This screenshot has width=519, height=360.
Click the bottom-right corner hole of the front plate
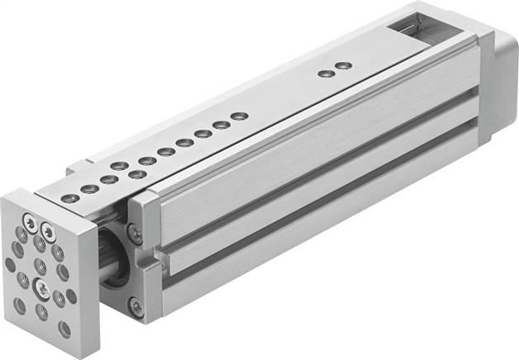pyautogui.click(x=64, y=328)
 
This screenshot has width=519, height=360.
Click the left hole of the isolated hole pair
pyautogui.click(x=326, y=73)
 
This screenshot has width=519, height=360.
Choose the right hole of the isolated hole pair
pyautogui.click(x=345, y=65)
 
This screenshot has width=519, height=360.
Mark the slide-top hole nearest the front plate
pyautogui.click(x=72, y=197)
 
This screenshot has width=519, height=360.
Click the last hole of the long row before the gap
pyautogui.click(x=239, y=116)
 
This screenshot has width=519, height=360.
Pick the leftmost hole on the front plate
pyautogui.click(x=10, y=264)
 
